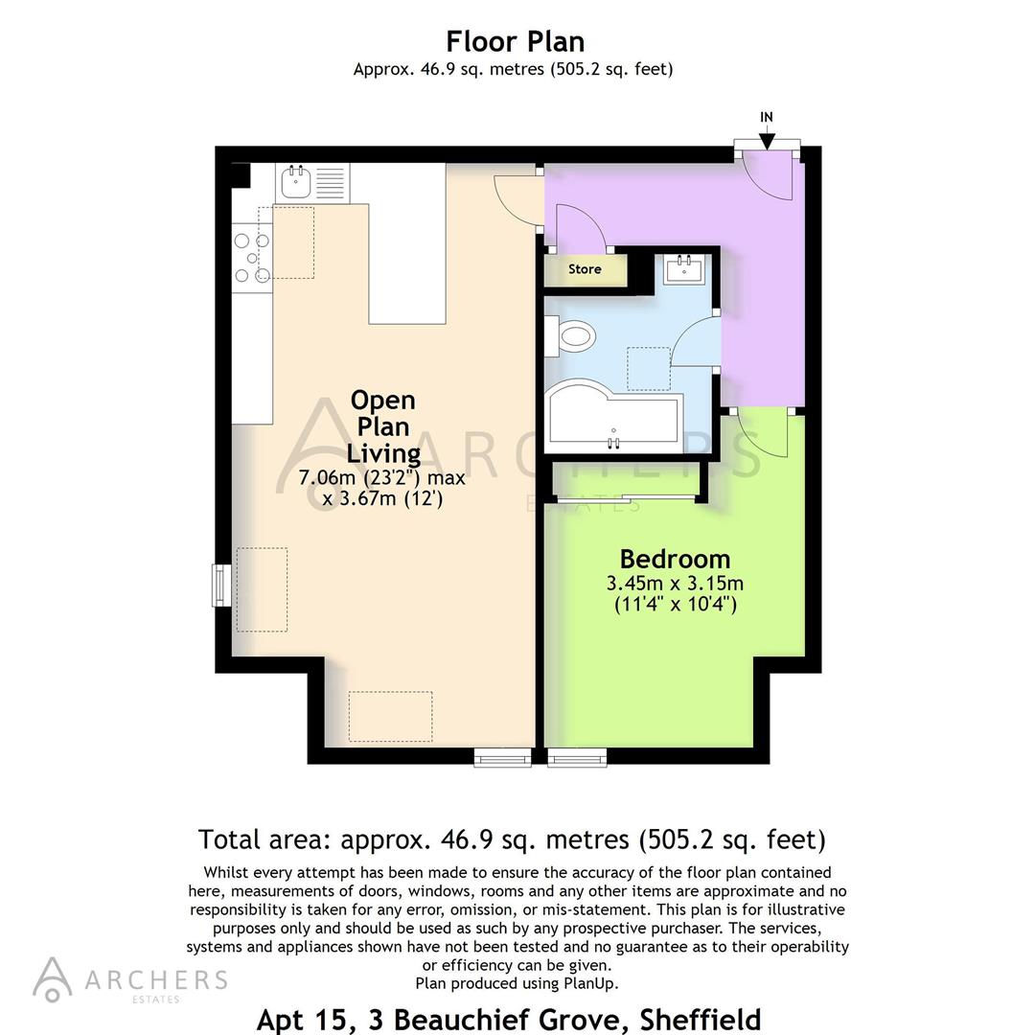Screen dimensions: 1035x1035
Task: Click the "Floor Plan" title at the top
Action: tap(515, 41)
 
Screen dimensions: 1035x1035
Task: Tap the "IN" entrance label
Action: tap(767, 117)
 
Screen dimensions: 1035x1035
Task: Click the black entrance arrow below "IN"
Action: tap(767, 139)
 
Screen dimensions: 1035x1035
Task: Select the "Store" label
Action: tap(585, 269)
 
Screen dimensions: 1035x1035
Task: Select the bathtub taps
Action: tap(614, 442)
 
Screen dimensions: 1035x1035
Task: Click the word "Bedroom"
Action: tap(675, 559)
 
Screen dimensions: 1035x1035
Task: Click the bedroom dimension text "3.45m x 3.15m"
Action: tap(675, 583)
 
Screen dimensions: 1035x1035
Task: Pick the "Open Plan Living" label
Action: tap(383, 426)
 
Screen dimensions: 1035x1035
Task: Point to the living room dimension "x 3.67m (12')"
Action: tap(383, 499)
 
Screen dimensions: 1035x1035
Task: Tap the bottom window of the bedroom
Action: tap(577, 757)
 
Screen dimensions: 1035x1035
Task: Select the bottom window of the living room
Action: tap(504, 757)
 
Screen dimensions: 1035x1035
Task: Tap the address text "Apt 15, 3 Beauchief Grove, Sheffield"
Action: tap(508, 1019)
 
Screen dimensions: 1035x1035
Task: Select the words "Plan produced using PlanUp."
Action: tap(517, 983)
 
